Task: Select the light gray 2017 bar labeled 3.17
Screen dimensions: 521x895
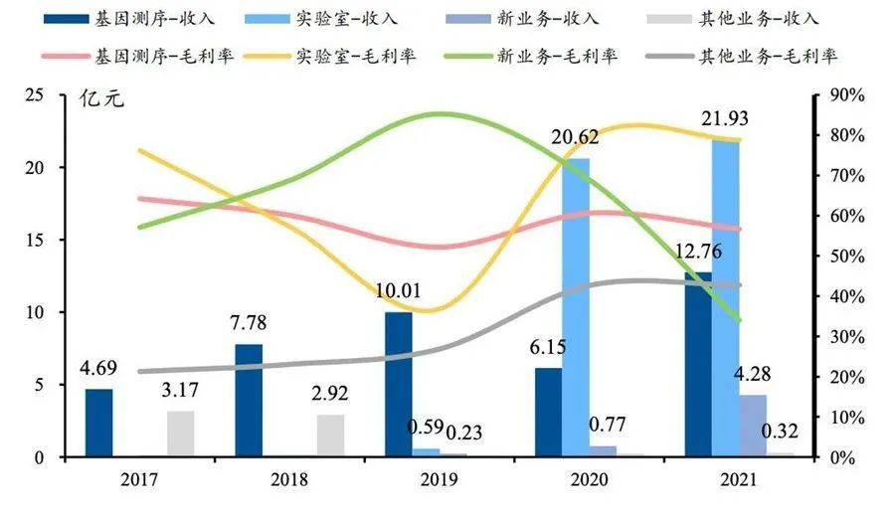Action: [x=180, y=434]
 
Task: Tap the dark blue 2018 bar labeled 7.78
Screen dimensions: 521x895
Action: [x=249, y=400]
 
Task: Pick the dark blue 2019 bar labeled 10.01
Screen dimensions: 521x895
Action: [x=398, y=384]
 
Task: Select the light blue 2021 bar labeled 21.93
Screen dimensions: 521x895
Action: [x=725, y=297]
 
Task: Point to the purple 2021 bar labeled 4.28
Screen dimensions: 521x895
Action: [x=753, y=426]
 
